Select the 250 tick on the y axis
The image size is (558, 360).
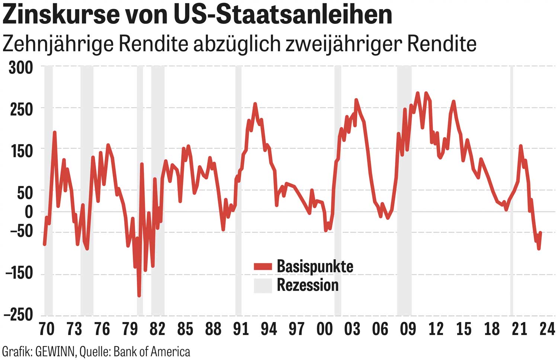pos(21,109)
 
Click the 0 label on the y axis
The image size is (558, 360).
pos(29,212)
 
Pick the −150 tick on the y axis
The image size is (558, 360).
pos(19,274)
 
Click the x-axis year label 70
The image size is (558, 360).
pos(46,329)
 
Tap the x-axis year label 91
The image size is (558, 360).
pos(241,329)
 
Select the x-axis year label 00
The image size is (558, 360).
pos(324,329)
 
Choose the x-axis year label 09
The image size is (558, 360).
pos(408,329)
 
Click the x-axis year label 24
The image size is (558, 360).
pos(547,329)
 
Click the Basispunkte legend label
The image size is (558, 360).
pos(315,267)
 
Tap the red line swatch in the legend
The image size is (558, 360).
pos(263,267)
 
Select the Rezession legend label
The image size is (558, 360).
pos(308,285)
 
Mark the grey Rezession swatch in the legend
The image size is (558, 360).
pos(263,286)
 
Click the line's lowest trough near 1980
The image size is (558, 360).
pos(139,296)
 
